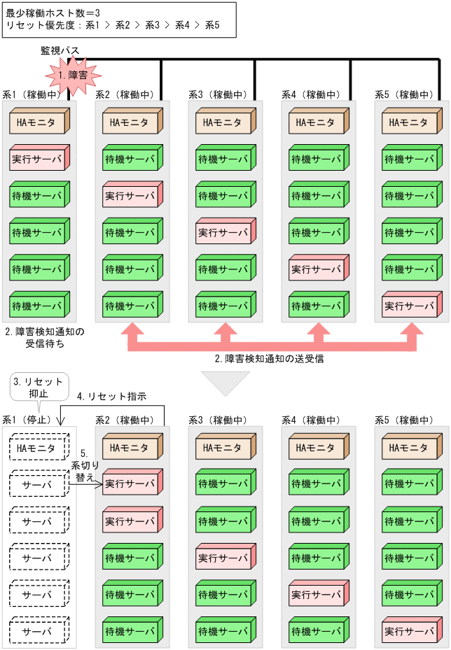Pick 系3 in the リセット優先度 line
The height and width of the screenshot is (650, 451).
coord(153,25)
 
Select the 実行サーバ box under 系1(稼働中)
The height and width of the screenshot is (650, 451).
coord(39,159)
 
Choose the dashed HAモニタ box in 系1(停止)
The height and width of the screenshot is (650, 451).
coord(39,448)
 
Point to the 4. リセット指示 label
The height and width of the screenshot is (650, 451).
coord(111,396)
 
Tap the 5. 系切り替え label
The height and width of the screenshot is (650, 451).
coord(83,465)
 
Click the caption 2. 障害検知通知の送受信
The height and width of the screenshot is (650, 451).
coord(270,359)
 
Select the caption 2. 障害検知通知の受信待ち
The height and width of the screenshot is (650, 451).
coord(43,338)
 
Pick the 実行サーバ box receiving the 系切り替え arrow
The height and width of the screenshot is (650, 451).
coord(132,483)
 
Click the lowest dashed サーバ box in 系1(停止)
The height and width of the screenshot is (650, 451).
coord(39,631)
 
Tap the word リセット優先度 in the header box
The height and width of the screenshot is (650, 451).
coord(36,25)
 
